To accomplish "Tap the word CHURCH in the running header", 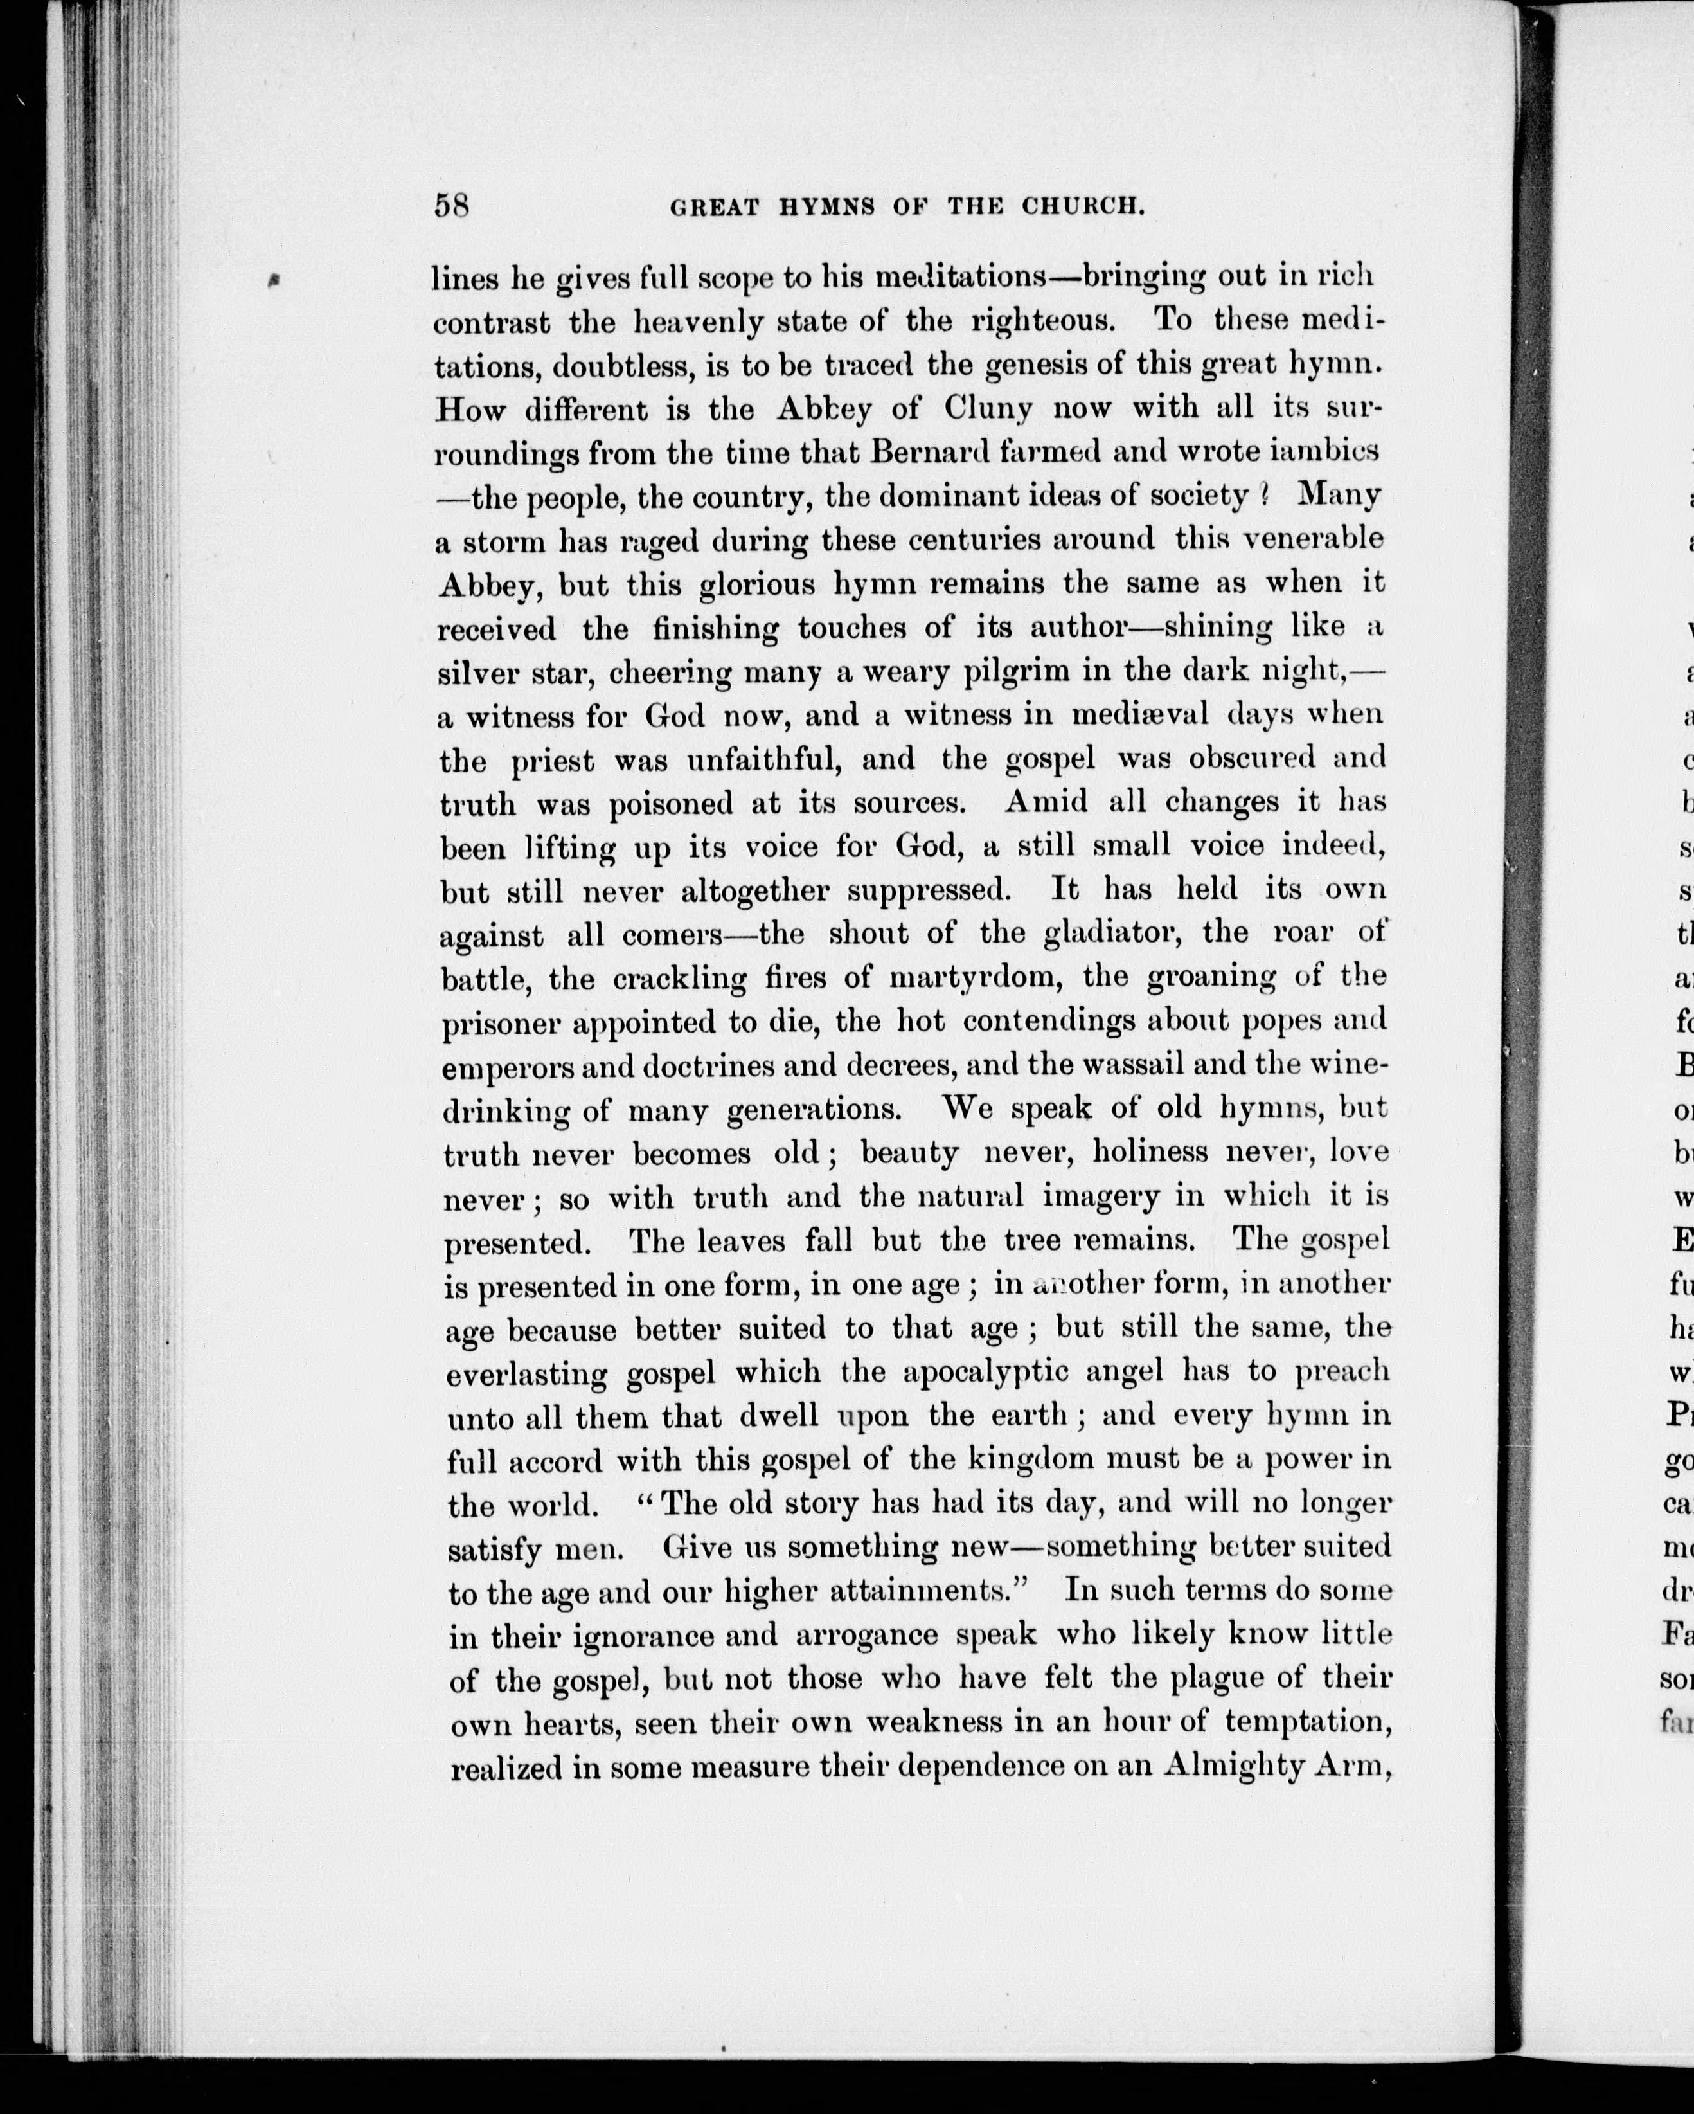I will point(1083,207).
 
